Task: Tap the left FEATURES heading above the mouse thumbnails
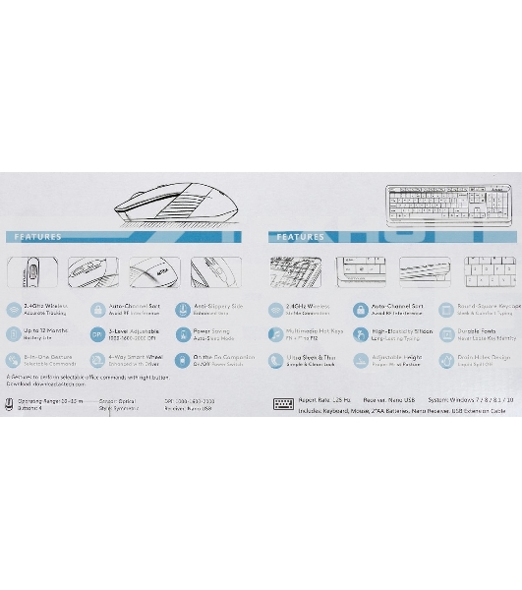click(x=38, y=237)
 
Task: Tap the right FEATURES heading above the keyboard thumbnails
click(x=301, y=237)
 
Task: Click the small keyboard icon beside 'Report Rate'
click(x=282, y=403)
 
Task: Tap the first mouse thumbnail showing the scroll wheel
click(x=33, y=271)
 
